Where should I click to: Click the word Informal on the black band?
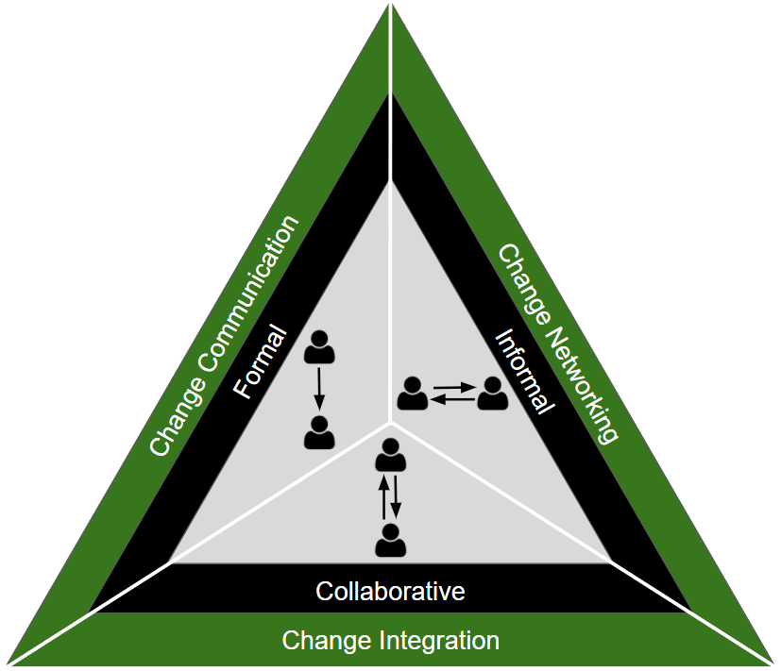click(x=525, y=371)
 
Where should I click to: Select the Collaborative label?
click(x=390, y=592)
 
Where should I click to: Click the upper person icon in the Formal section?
click(x=320, y=346)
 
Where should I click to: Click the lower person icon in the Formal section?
click(x=319, y=432)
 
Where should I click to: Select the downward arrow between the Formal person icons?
click(x=319, y=389)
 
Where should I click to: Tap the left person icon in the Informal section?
click(x=412, y=394)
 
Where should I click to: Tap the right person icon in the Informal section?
click(x=492, y=394)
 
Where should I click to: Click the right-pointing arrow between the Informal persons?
click(x=452, y=386)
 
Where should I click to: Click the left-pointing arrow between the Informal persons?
click(x=452, y=400)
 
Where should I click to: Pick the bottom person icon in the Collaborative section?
click(x=390, y=540)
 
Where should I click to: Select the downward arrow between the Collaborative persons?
click(x=397, y=497)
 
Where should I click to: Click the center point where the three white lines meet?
click(x=390, y=422)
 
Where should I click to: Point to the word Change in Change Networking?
click(x=524, y=282)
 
